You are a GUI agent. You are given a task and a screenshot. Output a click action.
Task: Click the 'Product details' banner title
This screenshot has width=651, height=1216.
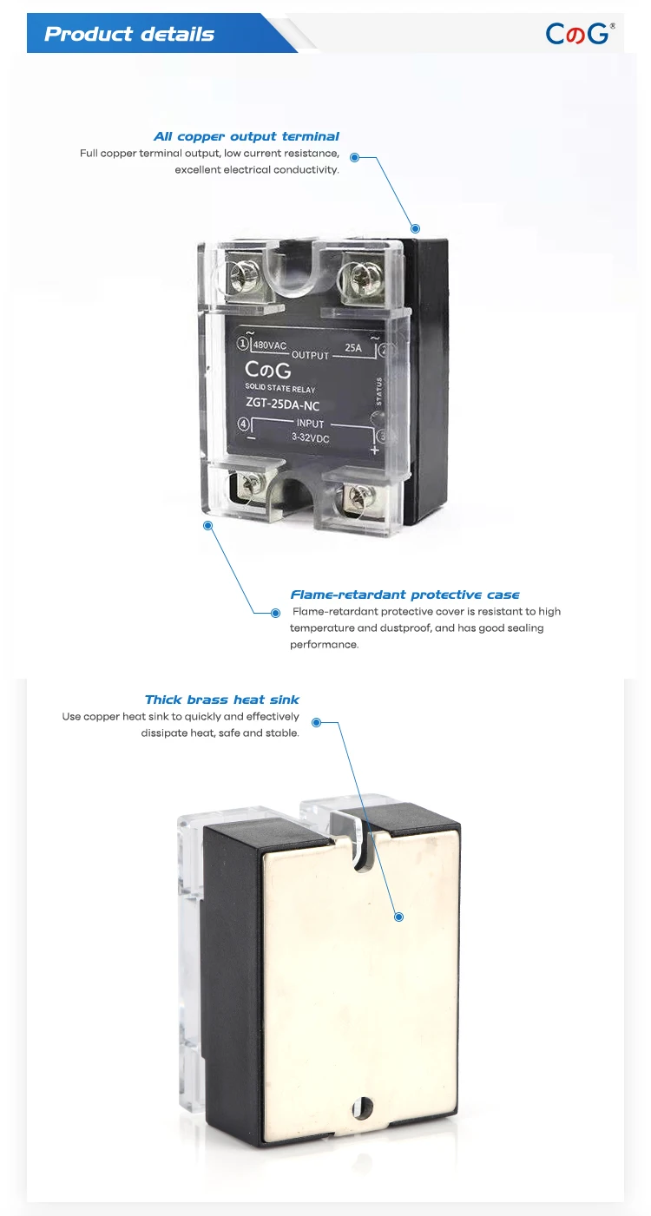coord(129,35)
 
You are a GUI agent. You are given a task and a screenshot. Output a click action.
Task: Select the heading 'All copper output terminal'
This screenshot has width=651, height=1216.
coord(247,136)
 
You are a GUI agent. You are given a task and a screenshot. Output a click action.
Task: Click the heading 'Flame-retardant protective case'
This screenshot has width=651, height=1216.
coord(404,595)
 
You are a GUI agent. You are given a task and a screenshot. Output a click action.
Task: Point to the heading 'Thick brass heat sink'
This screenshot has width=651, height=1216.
coord(222,700)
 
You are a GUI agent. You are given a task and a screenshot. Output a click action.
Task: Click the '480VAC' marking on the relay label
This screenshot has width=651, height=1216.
coord(269,345)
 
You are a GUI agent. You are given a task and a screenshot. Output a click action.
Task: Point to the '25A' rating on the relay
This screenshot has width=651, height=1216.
coord(353,348)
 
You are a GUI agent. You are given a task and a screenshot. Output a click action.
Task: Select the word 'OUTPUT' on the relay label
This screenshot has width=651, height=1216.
coord(310,355)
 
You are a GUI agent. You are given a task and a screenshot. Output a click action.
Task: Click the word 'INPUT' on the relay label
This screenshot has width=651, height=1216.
coord(310,424)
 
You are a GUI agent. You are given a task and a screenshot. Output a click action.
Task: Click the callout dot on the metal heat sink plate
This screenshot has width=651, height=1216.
coord(399,917)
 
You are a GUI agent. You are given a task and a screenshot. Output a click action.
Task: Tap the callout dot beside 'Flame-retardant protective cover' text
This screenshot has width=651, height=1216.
coord(276,612)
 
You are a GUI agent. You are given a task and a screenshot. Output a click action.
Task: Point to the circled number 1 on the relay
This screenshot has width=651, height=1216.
coord(242,344)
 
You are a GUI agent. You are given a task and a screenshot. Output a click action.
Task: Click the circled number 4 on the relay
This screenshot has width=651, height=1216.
coord(243,424)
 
